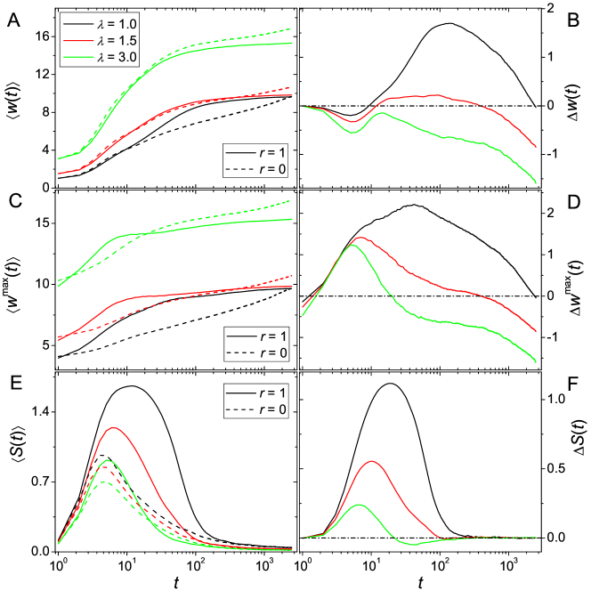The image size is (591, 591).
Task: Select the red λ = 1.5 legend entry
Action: point(98,41)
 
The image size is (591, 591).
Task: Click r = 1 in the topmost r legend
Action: point(255,152)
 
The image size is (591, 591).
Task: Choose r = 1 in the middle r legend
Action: point(255,337)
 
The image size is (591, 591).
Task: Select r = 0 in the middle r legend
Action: point(255,352)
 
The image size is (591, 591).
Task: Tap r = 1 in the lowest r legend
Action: point(255,393)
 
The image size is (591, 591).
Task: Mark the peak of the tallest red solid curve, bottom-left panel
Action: point(113,427)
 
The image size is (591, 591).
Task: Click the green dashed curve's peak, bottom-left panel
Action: point(105,482)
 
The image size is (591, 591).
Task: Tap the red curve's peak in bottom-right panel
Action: point(372,461)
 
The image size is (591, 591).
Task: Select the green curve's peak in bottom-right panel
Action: point(360,505)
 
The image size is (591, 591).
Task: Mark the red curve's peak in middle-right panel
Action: point(360,238)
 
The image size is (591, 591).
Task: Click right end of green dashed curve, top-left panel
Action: point(292,29)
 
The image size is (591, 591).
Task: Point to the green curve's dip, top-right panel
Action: point(353,133)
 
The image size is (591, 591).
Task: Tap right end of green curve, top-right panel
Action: point(537,183)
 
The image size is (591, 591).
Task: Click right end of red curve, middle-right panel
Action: point(537,331)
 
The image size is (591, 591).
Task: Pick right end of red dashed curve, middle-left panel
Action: point(292,277)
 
